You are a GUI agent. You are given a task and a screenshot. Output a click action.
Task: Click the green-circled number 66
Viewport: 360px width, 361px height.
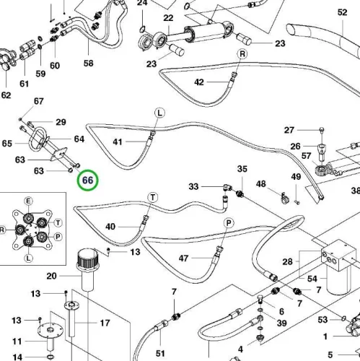pos(88,180)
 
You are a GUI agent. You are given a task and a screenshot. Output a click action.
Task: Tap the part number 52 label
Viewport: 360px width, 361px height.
pos(342,12)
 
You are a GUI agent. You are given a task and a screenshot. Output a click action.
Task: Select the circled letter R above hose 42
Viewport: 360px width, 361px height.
pos(242,54)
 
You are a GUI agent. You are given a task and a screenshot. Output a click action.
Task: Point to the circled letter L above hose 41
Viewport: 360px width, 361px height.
pos(160,113)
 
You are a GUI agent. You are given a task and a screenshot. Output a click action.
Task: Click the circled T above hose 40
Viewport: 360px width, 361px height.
pos(153,198)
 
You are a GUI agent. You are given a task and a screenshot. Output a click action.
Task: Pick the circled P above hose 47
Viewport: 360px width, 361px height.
pos(229,223)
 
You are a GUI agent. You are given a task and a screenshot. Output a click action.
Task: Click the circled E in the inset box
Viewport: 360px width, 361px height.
pos(28,201)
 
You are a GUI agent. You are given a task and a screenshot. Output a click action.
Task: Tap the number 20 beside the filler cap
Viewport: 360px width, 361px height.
pos(51,276)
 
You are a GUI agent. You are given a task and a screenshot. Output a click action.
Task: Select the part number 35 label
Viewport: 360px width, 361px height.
pos(242,169)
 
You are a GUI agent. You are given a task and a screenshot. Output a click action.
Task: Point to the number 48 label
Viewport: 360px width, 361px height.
pos(261,184)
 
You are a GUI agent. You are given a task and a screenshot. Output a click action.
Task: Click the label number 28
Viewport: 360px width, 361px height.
pos(287,261)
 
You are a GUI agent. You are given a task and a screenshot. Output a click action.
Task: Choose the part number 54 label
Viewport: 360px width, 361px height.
pos(312,279)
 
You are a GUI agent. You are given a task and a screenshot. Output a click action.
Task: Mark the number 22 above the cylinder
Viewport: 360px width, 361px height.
pos(168,18)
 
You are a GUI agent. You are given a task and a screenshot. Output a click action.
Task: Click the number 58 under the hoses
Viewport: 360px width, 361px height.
pos(88,64)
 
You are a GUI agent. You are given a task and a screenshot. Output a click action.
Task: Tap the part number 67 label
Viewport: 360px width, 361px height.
pos(38,101)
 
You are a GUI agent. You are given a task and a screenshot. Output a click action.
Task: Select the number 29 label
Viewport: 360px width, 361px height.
pos(61,122)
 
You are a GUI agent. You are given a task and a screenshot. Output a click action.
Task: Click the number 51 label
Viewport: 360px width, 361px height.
pos(160,354)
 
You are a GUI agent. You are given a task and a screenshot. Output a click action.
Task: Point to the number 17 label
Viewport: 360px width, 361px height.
pos(105,323)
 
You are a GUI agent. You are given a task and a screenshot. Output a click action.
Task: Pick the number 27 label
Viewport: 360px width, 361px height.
pos(289,130)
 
